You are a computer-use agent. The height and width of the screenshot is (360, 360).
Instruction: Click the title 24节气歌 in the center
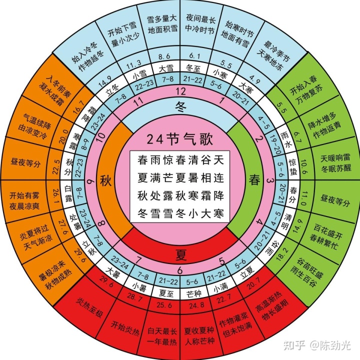point(180,139)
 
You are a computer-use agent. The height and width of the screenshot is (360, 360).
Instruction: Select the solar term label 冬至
point(193,68)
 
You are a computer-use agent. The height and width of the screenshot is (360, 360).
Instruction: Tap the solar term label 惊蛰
point(293,167)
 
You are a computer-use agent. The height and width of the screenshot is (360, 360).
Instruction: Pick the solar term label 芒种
point(194,293)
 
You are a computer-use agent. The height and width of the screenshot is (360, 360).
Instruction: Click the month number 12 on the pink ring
point(180,91)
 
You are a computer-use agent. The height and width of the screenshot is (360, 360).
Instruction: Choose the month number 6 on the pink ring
point(180,270)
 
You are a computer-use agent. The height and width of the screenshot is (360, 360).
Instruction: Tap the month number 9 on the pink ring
point(91,181)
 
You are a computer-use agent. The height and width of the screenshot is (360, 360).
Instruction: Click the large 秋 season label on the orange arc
point(106,180)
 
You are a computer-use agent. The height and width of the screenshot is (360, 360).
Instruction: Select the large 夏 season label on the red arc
point(180,254)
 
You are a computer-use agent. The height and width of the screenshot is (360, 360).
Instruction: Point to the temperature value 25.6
point(164,305)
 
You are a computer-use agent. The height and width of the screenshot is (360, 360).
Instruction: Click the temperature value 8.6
point(164,56)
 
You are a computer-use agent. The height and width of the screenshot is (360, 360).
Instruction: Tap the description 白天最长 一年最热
point(162,336)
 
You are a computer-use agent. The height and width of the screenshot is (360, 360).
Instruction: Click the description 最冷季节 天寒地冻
point(273,55)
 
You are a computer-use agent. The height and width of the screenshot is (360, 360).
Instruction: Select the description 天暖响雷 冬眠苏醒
point(336,163)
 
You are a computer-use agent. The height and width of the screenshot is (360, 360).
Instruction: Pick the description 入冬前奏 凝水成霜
point(55,90)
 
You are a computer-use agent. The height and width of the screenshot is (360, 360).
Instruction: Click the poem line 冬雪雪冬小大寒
point(180,213)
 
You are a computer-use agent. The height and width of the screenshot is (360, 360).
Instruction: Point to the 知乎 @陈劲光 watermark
point(317,345)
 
